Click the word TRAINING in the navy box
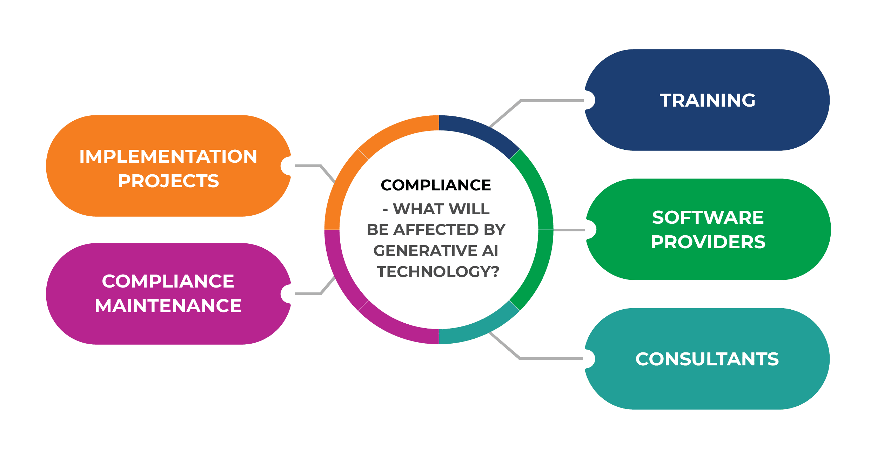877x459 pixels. (708, 100)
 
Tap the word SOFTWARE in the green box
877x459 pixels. (708, 217)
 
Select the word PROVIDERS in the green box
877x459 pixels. (708, 242)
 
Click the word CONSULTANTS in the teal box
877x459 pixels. (707, 359)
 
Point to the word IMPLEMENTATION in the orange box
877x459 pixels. (168, 156)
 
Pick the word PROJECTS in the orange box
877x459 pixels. (168, 181)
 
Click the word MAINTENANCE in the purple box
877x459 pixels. (168, 306)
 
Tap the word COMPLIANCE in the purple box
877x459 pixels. (168, 281)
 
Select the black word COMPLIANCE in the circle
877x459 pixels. (436, 185)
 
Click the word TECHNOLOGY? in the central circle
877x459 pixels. (438, 272)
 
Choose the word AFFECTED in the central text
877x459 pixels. (436, 230)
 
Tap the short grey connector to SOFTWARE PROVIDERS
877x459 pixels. (569, 230)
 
